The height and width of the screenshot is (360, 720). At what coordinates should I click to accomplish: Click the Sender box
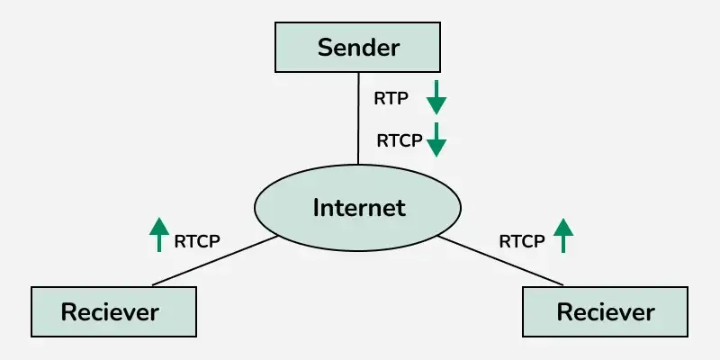point(358,48)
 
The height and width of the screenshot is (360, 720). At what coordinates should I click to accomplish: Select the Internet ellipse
point(358,208)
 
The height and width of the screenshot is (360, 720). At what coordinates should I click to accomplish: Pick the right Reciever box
point(606,312)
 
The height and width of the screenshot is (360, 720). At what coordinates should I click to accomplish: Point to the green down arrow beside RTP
point(436,96)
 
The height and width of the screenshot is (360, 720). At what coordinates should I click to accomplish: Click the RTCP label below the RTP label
point(399,140)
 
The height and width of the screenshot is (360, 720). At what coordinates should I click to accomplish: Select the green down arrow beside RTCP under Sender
point(436,139)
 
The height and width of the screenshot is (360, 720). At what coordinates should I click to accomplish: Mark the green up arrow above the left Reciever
point(158,234)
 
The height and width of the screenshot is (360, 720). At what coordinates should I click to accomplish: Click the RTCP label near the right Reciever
point(522,240)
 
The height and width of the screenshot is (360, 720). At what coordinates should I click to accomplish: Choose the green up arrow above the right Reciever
point(563,234)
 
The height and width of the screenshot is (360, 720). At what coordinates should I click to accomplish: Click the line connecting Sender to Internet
point(358,117)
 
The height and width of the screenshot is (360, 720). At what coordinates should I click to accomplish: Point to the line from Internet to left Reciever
point(216,261)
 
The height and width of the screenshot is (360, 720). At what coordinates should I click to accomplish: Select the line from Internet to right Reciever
point(504,261)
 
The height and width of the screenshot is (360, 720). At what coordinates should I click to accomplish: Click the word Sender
point(358,48)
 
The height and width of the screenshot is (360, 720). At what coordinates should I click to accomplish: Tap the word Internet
point(358,208)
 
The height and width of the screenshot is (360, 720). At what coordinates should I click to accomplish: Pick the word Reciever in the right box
point(606,312)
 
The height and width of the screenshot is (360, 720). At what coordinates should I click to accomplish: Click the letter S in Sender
point(325,48)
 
